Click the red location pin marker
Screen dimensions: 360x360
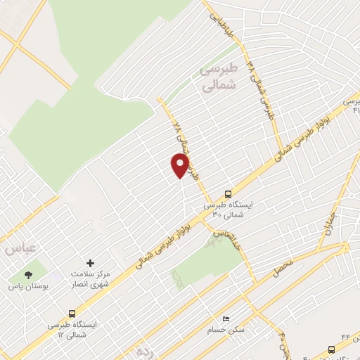coord(181,166)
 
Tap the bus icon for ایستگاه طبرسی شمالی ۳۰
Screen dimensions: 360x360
coord(228,194)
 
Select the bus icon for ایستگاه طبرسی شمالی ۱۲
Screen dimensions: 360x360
coord(72,314)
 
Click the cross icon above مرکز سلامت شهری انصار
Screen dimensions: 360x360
coord(89,262)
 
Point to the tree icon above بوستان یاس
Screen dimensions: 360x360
coord(29,275)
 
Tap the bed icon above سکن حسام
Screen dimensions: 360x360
coord(225,319)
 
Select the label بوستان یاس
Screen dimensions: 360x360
coord(27,287)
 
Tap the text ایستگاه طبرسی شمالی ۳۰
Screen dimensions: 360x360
coord(228,211)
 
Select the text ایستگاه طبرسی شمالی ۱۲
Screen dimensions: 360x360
coord(72,330)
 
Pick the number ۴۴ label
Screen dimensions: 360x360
coord(345,340)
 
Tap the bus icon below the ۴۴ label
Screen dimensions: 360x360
coord(332,349)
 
